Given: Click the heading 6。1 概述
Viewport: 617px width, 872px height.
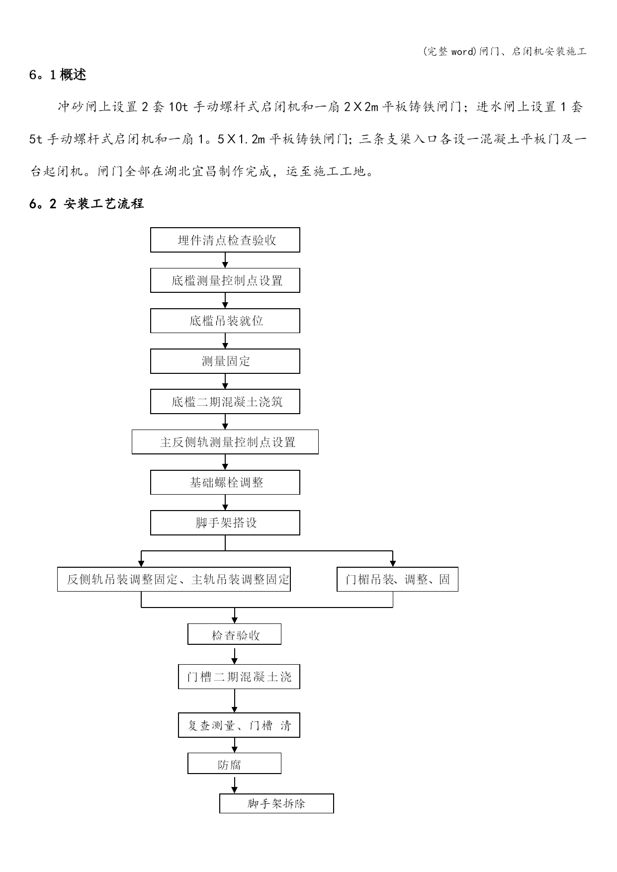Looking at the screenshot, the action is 58,75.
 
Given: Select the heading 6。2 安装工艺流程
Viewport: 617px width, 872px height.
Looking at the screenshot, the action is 87,203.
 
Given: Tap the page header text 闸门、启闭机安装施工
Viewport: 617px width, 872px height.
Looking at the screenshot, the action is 533,51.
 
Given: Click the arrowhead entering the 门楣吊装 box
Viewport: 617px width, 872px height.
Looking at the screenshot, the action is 393,564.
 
